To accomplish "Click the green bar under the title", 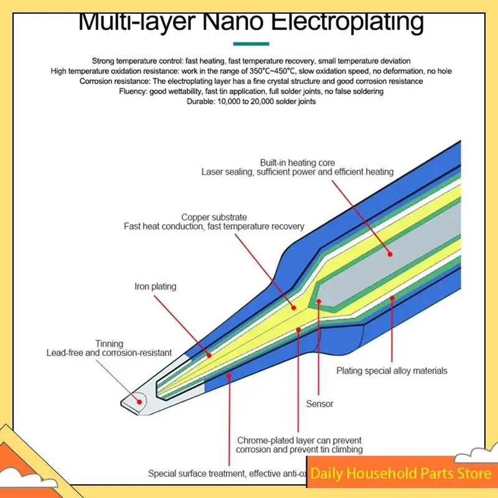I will click(x=251, y=44).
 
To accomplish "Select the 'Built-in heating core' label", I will click(x=297, y=162).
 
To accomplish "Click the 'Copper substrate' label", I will click(x=214, y=217).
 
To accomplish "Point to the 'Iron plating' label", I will click(x=156, y=287).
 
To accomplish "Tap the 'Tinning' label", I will click(x=109, y=344).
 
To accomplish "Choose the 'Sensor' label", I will click(x=319, y=403).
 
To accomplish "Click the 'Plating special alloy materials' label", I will click(x=392, y=370).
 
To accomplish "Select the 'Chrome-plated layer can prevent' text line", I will click(x=299, y=440).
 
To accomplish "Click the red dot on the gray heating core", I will click(x=390, y=253).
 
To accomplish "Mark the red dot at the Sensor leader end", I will click(x=318, y=302).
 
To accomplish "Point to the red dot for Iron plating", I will click(x=208, y=355).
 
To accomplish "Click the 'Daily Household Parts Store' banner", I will click(x=401, y=474).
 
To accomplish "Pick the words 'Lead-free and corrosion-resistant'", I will click(x=109, y=353).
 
